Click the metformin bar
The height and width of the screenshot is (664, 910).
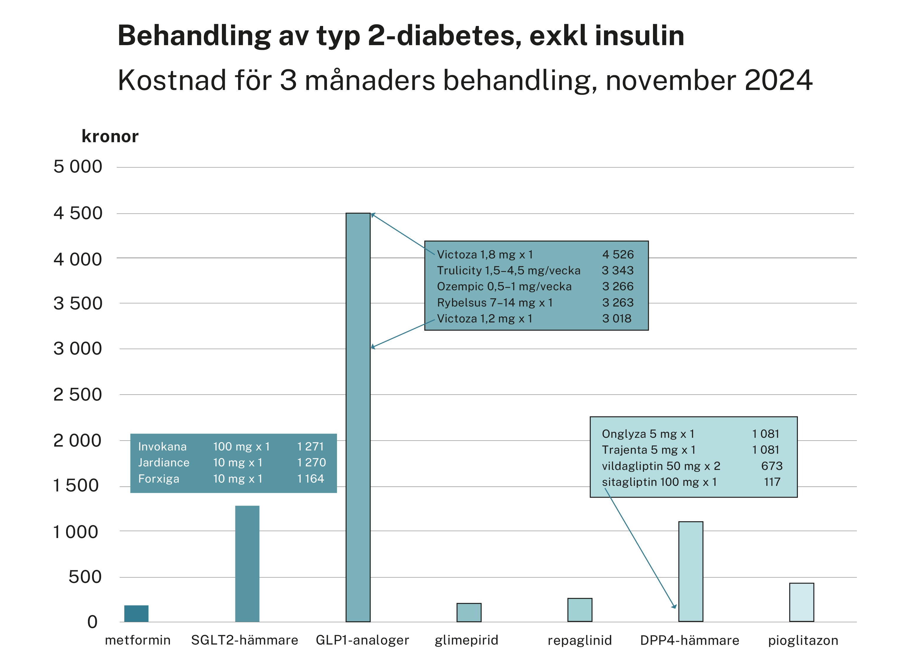[136, 614]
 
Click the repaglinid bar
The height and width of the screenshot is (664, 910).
[580, 610]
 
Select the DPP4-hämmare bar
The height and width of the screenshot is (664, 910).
[690, 572]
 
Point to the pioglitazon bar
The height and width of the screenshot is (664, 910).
[801, 602]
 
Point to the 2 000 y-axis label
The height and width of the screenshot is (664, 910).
[77, 440]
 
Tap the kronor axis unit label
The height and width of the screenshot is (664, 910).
[110, 136]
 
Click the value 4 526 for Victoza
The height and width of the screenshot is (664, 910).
[618, 255]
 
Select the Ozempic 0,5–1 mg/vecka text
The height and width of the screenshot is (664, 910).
[504, 287]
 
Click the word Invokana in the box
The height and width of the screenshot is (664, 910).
[162, 447]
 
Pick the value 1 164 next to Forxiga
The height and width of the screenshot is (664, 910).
[311, 479]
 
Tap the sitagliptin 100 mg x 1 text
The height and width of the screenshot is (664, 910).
[659, 482]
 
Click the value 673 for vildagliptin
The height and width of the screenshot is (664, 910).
[772, 466]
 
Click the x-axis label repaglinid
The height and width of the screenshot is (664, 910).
[580, 640]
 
